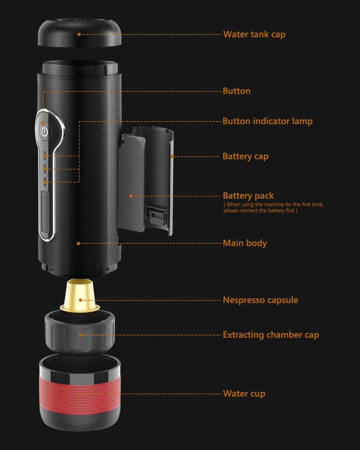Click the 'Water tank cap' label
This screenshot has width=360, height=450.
[254, 34]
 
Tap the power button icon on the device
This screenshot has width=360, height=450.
[45, 131]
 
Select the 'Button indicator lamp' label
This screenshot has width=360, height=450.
[268, 121]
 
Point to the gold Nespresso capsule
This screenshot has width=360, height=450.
[80, 295]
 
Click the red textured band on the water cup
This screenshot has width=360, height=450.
[80, 394]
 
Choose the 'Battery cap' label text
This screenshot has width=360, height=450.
[246, 157]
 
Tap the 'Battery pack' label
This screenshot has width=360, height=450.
[248, 196]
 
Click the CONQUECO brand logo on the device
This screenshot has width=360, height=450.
[45, 211]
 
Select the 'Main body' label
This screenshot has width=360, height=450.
[245, 243]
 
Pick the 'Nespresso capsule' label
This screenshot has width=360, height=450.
[260, 300]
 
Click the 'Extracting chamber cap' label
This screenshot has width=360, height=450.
[271, 335]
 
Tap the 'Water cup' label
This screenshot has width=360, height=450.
[244, 394]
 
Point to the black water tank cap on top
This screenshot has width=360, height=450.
[79, 32]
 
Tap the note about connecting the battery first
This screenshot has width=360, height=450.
[273, 207]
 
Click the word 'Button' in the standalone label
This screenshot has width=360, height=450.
[237, 91]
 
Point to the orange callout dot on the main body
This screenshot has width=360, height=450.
[78, 243]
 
